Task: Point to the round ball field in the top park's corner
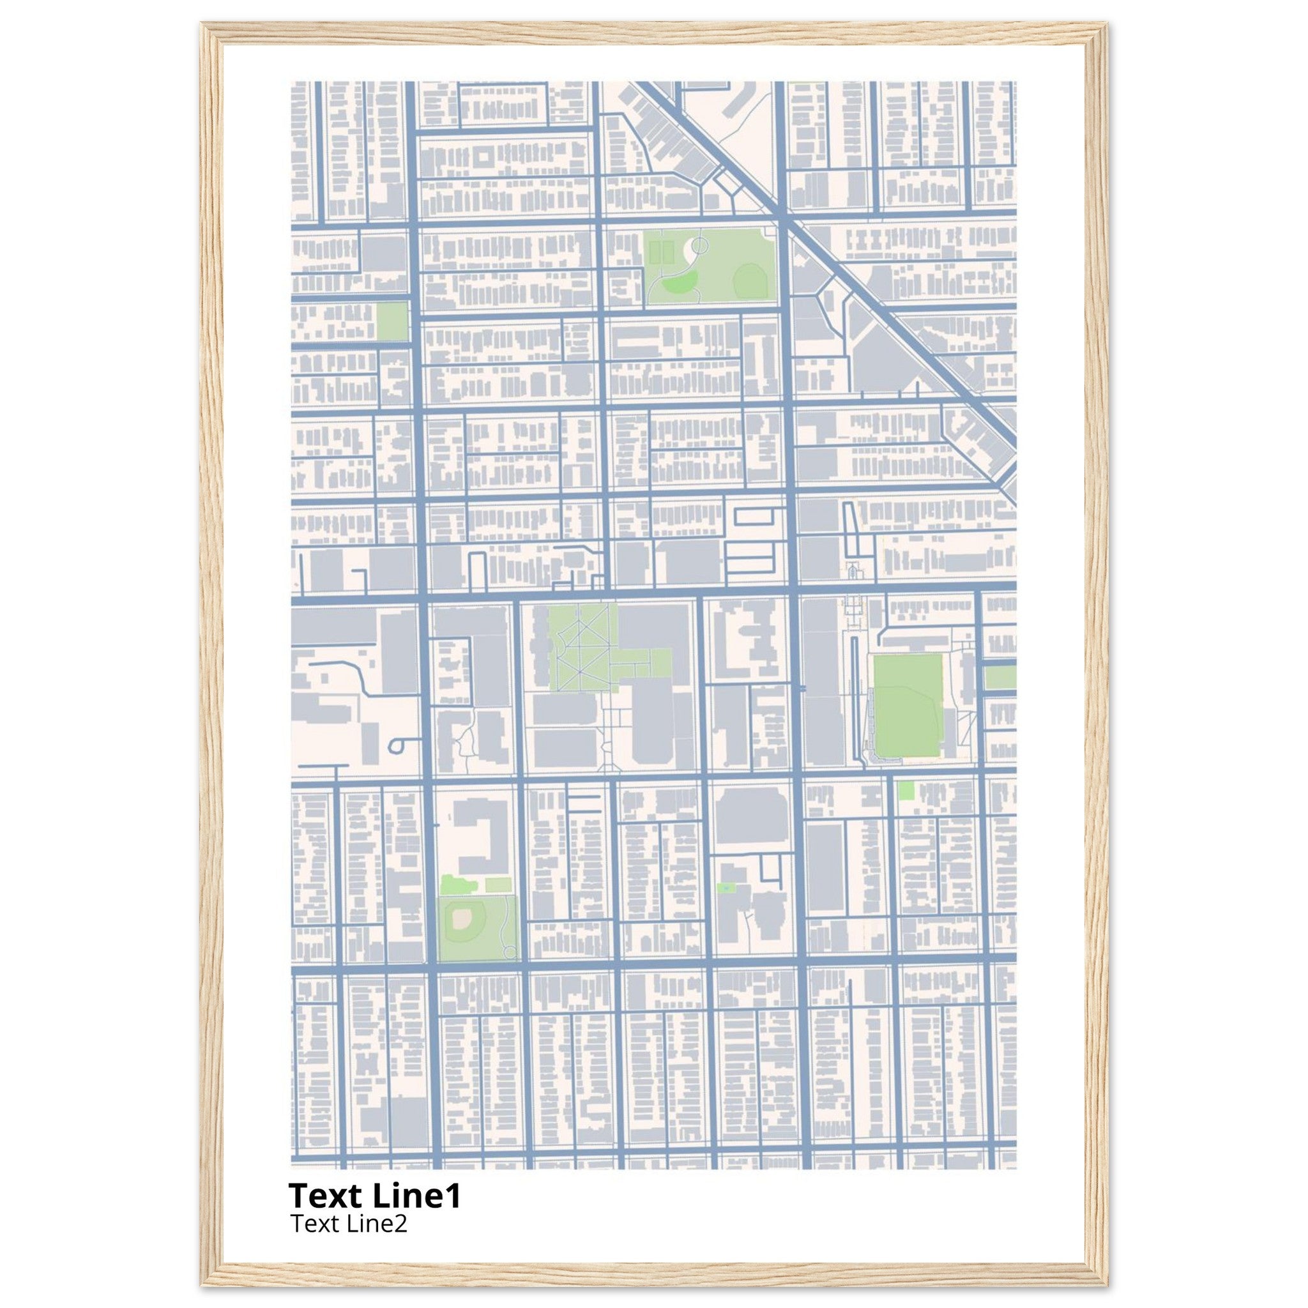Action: [748, 279]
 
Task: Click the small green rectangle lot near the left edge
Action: [392, 321]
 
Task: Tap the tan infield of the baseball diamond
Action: [463, 918]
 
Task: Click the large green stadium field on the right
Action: [907, 706]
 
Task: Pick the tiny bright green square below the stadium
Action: [905, 790]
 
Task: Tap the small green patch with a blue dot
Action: [726, 887]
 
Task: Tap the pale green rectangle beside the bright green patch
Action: [498, 884]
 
